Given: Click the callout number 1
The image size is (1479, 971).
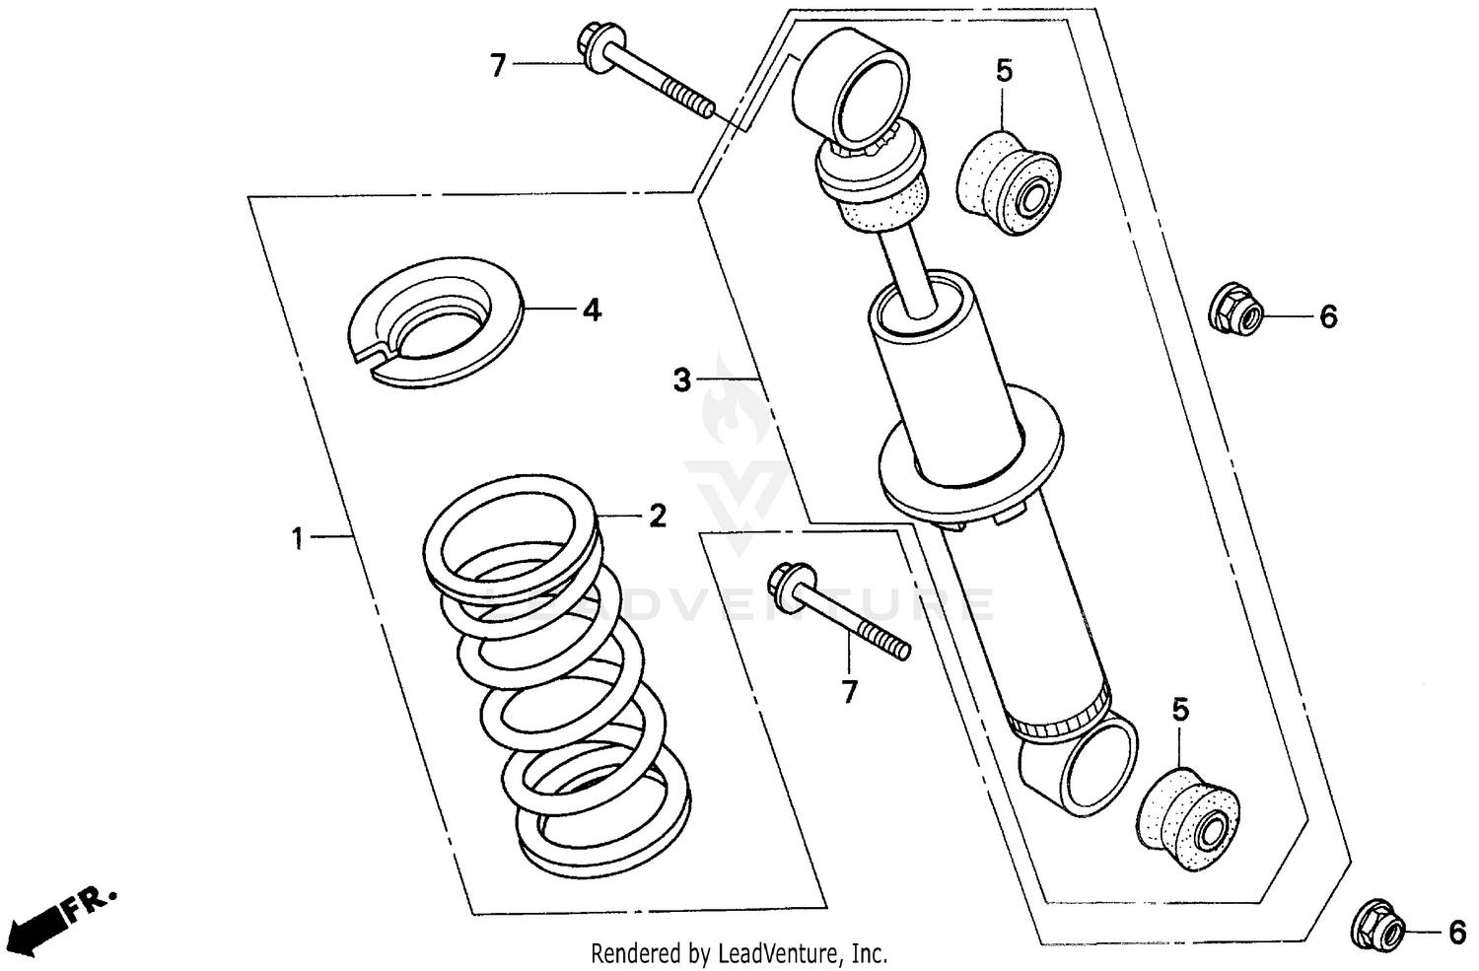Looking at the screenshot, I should click(x=297, y=538).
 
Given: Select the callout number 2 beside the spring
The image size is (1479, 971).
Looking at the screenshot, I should click(x=657, y=516).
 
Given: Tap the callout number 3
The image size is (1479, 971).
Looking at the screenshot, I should click(x=682, y=380).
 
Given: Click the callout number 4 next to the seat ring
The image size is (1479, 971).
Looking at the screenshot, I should click(x=591, y=311).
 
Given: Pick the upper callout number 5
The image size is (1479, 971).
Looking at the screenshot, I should click(x=1004, y=71).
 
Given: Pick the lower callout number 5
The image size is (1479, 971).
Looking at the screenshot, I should click(x=1180, y=709).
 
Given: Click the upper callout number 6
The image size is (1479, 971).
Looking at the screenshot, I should click(x=1328, y=317).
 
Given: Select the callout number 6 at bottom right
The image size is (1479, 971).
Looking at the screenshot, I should click(x=1455, y=932).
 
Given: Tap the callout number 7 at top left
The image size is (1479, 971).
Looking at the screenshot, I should click(x=498, y=66).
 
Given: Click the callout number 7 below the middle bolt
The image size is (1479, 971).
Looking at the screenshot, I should click(x=850, y=692).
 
